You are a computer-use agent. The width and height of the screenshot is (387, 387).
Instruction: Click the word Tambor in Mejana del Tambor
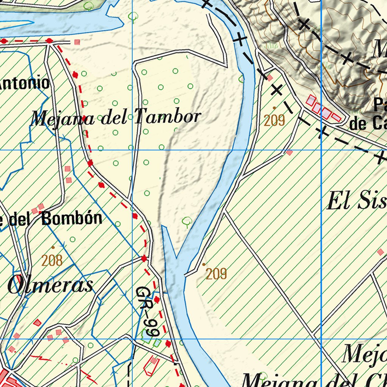click(x=167, y=117)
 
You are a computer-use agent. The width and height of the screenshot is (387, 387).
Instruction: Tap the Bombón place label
click(x=72, y=218)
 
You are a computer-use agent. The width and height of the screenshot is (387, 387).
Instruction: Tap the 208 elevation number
click(x=52, y=260)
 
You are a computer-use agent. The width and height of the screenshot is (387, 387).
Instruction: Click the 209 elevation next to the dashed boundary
click(x=274, y=121)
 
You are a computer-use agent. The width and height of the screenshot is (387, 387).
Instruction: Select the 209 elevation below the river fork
click(x=216, y=274)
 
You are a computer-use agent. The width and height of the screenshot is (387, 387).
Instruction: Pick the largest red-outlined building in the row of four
click(x=311, y=101)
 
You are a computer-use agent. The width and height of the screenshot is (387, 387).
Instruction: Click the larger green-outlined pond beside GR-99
click(x=145, y=335)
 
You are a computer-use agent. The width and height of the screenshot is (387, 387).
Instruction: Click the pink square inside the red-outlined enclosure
click(x=153, y=361)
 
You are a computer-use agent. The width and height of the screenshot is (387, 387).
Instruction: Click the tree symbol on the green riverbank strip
click(x=88, y=5)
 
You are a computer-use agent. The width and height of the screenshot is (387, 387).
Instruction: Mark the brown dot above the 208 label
click(x=53, y=248)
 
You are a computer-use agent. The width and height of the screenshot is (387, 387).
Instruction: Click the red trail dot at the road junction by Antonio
click(x=49, y=40)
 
